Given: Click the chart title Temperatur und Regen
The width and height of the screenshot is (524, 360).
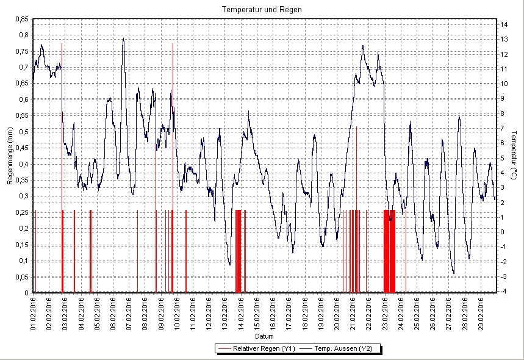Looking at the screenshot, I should pos(262,10).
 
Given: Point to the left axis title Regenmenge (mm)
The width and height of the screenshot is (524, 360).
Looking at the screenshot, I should pos(10,156).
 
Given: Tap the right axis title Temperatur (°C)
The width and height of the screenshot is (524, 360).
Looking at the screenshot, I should pos(514,156).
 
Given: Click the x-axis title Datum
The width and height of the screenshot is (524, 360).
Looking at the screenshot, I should pos(264,336).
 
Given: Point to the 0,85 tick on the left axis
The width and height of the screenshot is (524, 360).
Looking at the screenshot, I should pos(21,19).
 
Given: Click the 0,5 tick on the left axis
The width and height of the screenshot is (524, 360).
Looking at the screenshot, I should pos(23,131).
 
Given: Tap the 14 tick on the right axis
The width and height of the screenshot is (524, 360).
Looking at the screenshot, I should pos(504,24).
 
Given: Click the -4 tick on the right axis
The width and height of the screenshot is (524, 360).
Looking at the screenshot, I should pos(504,292).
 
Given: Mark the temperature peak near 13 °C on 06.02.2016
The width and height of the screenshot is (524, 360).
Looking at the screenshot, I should pos(123,39).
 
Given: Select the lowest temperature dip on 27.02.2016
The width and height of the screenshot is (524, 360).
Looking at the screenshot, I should pos(453,273).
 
